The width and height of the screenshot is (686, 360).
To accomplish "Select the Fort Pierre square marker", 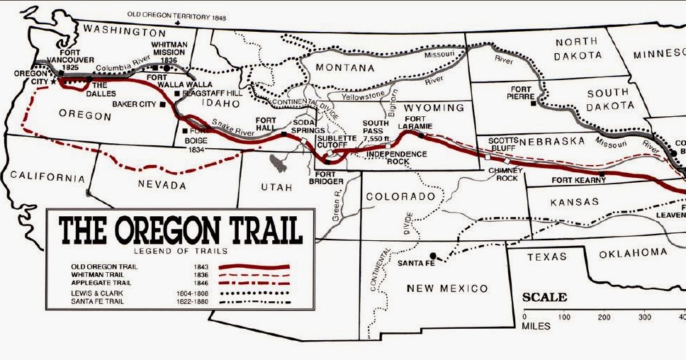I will (x=533, y=103).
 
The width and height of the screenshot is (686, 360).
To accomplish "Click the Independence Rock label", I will (x=396, y=157).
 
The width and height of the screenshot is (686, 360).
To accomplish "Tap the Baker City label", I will (x=135, y=104).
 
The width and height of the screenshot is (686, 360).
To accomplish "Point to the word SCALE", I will (x=544, y=297).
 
